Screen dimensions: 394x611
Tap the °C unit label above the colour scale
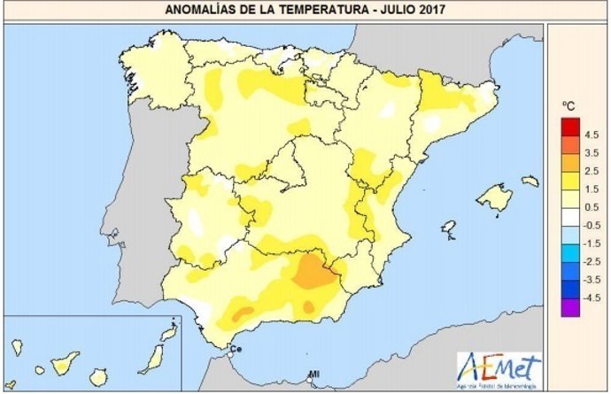pyautogui.click(x=568, y=106)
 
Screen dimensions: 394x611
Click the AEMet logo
pyautogui.click(x=498, y=367)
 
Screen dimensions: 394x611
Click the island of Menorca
pyautogui.click(x=530, y=181)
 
